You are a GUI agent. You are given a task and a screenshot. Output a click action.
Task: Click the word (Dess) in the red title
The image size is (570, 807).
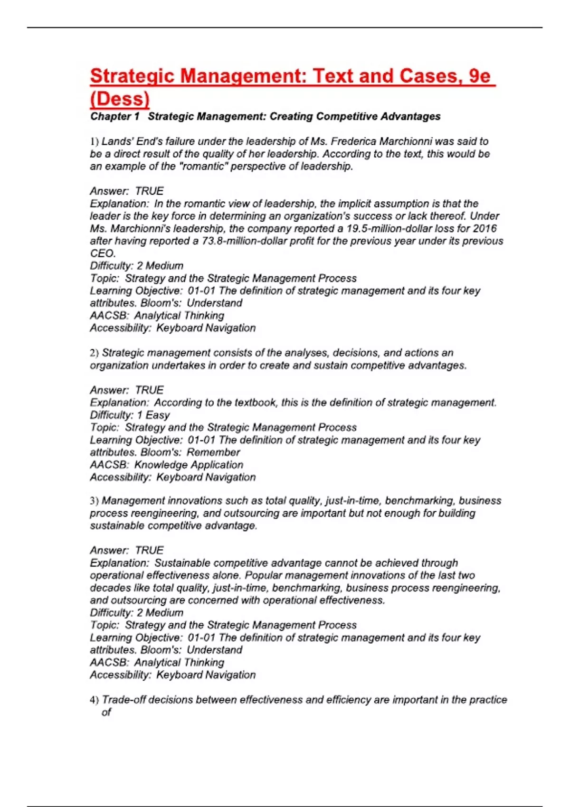point(120,99)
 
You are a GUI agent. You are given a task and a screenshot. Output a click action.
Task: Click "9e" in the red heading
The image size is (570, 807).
point(479,76)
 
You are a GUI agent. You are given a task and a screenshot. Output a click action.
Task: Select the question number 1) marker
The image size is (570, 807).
point(94,141)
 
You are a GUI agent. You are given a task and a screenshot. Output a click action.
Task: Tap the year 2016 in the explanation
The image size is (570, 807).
point(484,228)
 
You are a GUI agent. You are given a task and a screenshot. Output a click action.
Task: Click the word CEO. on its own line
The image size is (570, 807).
point(103,253)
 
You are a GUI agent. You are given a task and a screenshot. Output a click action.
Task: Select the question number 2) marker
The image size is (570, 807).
point(94,353)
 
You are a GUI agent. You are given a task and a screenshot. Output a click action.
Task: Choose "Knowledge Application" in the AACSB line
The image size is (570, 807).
point(189,465)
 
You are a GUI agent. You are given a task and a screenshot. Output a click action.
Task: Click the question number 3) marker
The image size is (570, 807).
point(94,501)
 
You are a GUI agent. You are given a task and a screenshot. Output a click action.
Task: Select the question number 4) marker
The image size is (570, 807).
point(94,700)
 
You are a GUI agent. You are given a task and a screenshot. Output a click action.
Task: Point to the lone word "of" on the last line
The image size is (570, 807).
point(106,712)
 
